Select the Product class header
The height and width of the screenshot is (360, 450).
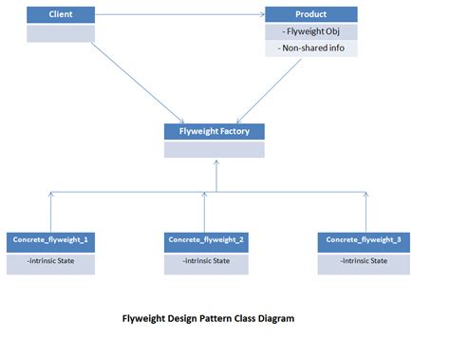click(311, 15)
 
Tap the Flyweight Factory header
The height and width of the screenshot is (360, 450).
click(215, 131)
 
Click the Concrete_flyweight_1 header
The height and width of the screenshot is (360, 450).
click(52, 239)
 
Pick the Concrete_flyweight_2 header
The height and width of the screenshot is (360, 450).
click(207, 239)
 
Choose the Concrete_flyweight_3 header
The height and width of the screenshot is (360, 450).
click(364, 239)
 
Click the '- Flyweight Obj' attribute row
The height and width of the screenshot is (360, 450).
click(311, 32)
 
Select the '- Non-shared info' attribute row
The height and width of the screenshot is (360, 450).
click(311, 48)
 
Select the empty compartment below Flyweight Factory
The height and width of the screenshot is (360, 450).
click(215, 149)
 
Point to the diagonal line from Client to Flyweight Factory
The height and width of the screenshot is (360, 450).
click(133, 84)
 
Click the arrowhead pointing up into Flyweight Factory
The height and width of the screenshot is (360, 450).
click(216, 162)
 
